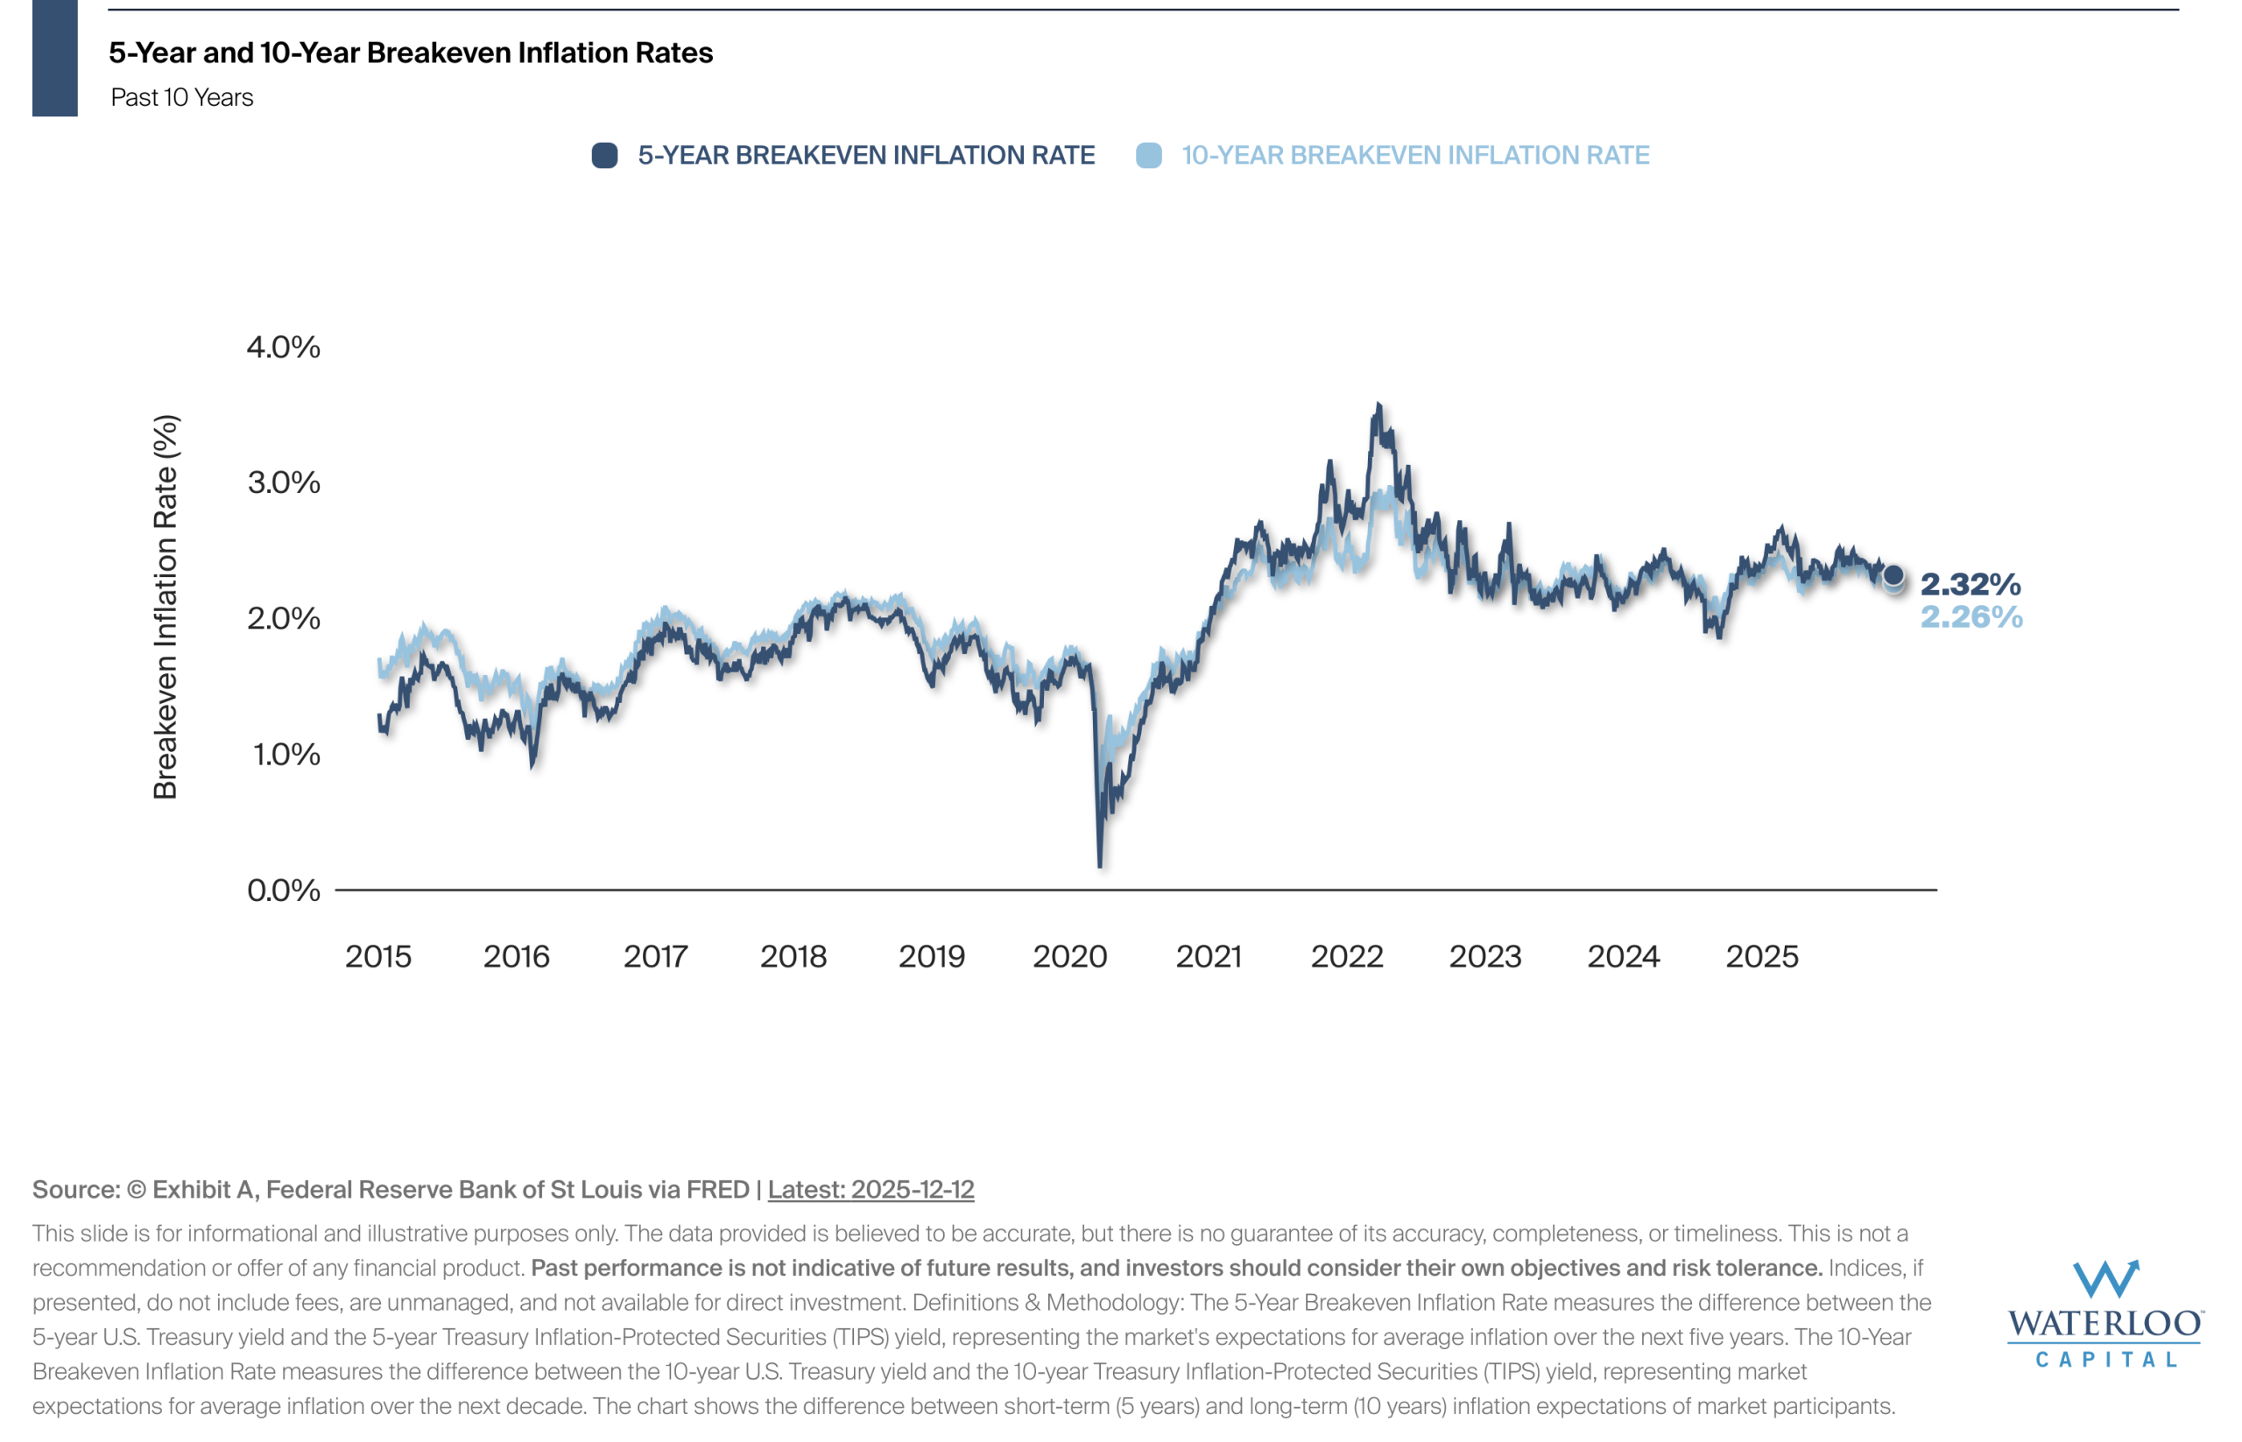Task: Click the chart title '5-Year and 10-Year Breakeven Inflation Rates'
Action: click(x=410, y=53)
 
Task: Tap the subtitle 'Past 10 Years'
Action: click(x=181, y=97)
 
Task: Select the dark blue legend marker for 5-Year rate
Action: click(x=604, y=156)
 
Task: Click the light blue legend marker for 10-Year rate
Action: click(x=1148, y=156)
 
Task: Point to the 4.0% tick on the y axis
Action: click(x=283, y=348)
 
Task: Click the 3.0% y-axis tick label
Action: click(x=283, y=483)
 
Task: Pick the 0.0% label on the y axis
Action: click(x=283, y=890)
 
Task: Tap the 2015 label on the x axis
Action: click(x=377, y=956)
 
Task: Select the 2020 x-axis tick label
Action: click(x=1069, y=956)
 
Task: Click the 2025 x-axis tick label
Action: click(x=1761, y=956)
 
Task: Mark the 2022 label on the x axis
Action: click(x=1347, y=956)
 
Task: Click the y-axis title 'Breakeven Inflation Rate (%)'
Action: click(x=165, y=607)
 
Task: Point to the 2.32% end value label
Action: click(x=1971, y=584)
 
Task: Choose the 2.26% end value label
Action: click(x=1971, y=617)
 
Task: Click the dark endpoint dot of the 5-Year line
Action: click(x=1893, y=575)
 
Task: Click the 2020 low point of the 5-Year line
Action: click(x=1099, y=865)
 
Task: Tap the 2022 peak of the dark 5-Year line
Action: click(x=1378, y=405)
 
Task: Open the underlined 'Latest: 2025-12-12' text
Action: click(x=870, y=1189)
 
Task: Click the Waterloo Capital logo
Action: click(x=2105, y=1312)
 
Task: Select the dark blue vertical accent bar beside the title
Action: click(x=54, y=58)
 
